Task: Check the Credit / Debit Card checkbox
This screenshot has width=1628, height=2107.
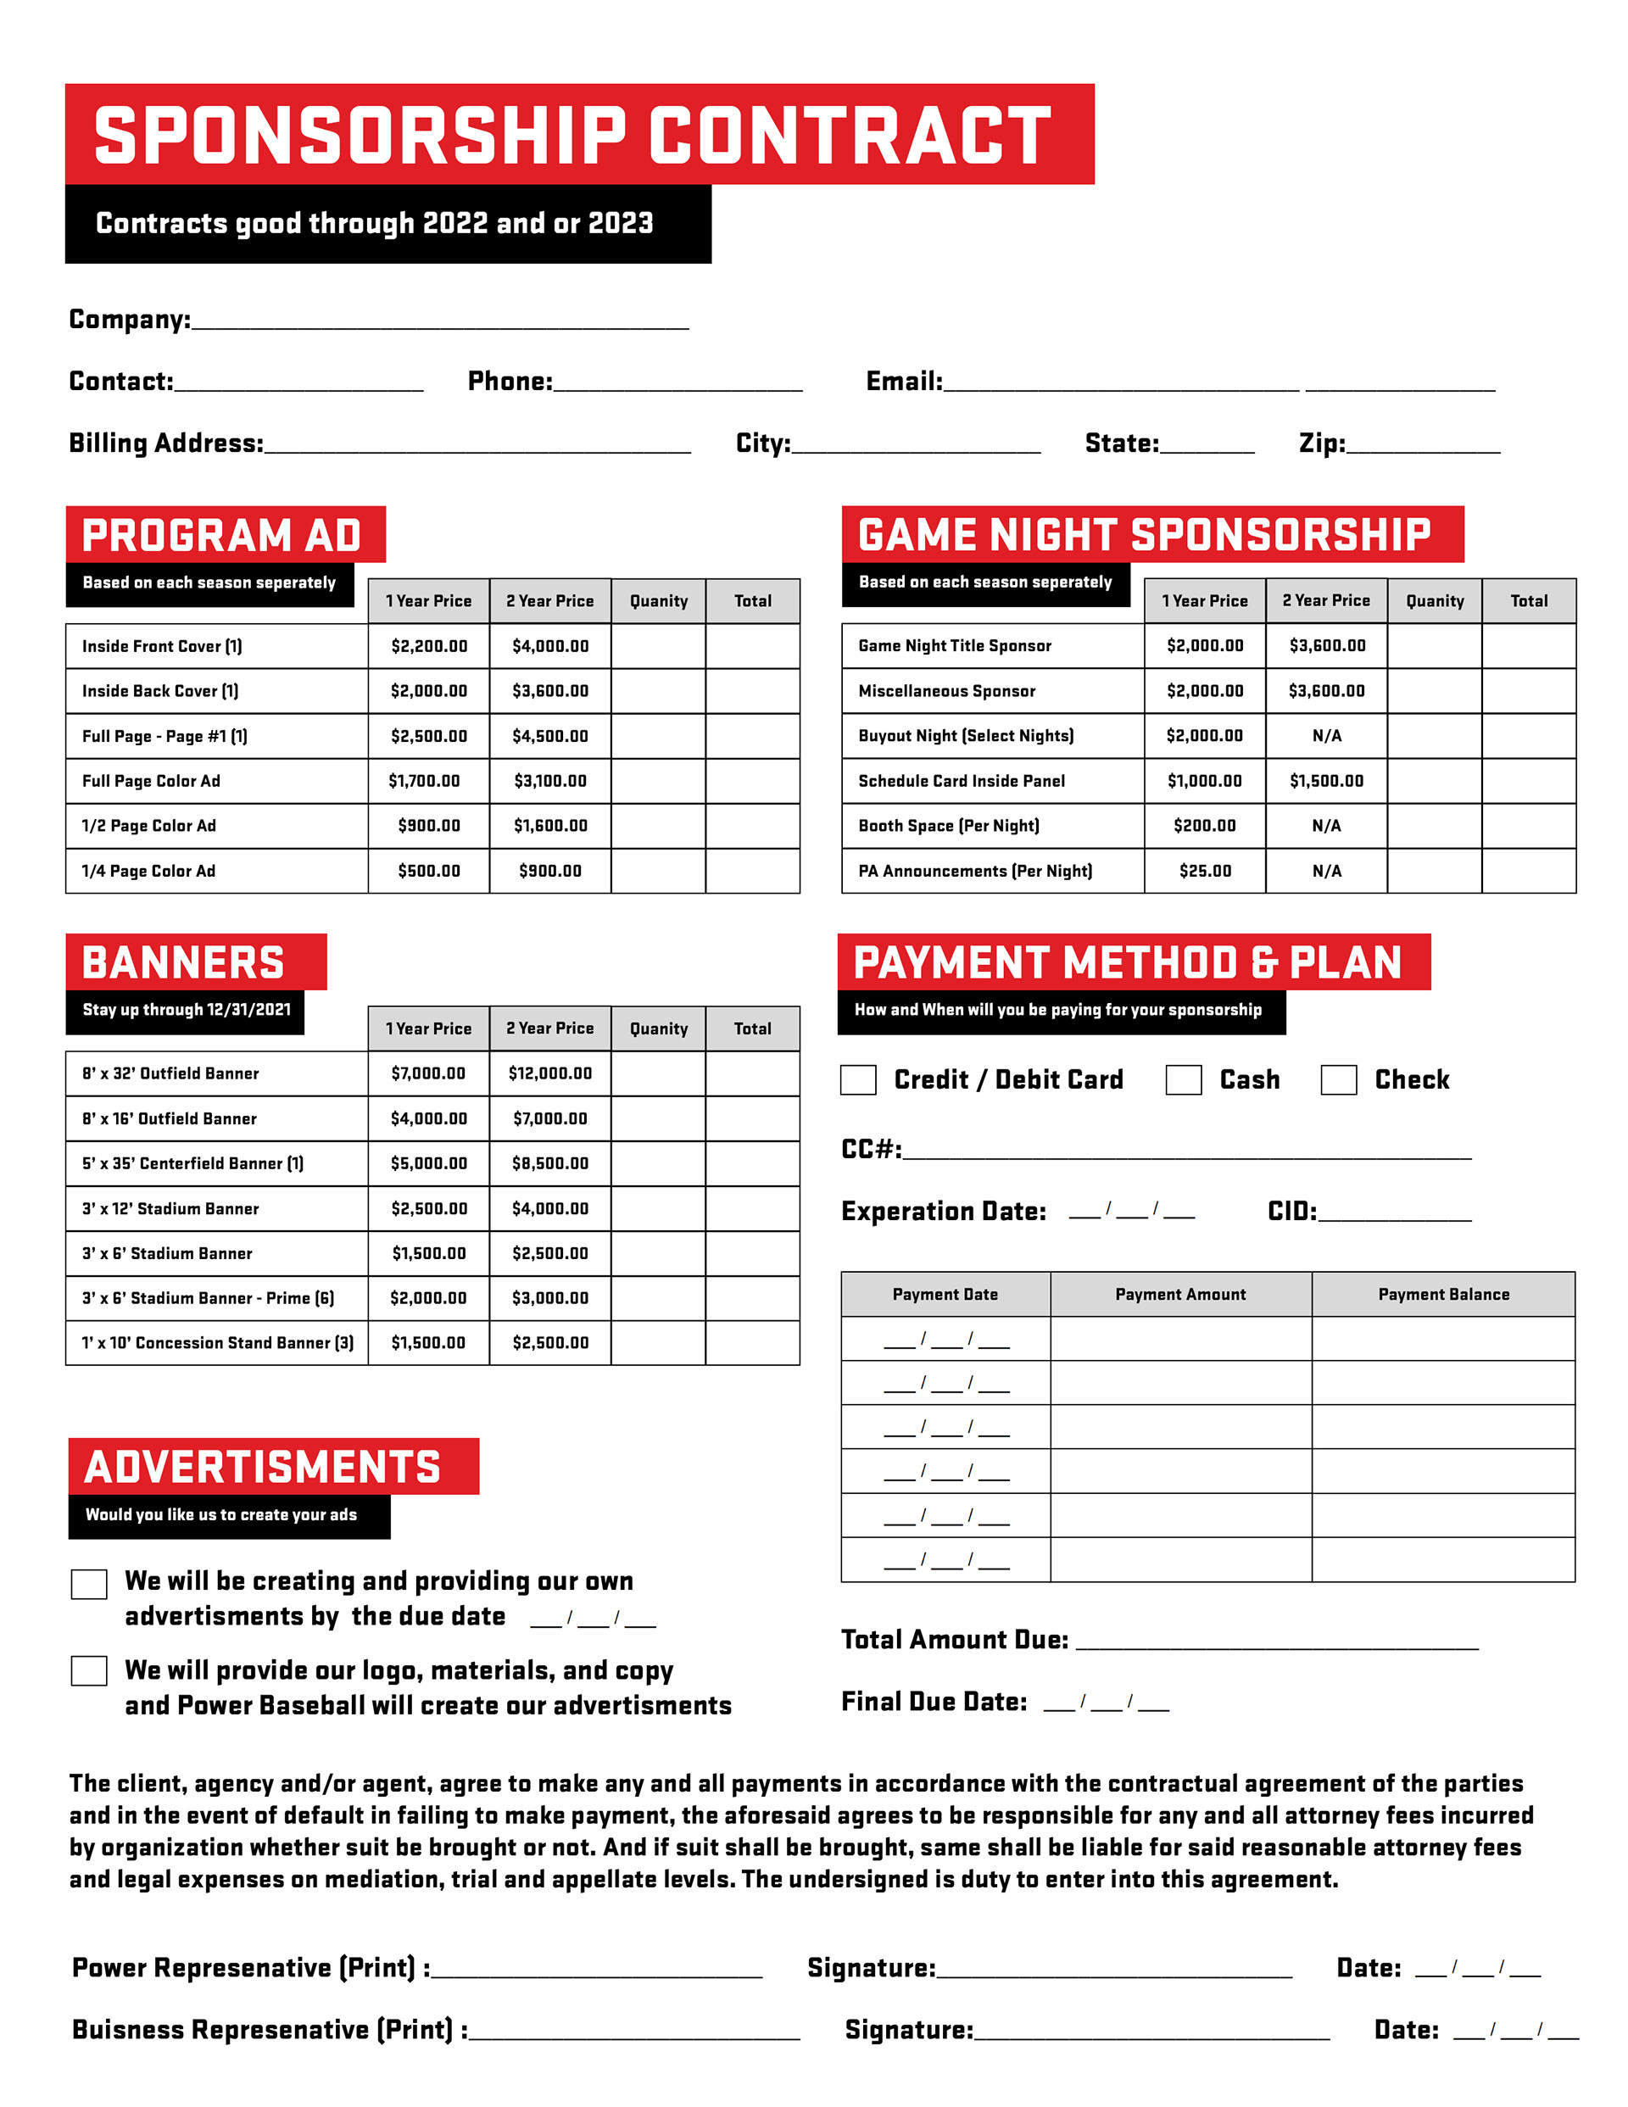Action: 858,1079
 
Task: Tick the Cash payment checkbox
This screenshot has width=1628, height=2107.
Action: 1183,1079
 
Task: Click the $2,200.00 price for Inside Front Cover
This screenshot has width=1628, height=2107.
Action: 429,646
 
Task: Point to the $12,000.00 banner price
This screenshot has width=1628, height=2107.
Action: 550,1073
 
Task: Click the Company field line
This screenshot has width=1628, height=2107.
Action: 440,322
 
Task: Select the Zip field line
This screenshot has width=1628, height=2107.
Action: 1424,446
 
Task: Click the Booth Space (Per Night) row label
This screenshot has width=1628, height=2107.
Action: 949,826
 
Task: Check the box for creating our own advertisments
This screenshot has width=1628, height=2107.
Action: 89,1584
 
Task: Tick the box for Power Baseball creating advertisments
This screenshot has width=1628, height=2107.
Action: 89,1671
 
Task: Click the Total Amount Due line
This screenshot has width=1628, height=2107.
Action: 1277,1643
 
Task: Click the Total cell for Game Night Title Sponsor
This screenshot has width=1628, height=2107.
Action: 1529,646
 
